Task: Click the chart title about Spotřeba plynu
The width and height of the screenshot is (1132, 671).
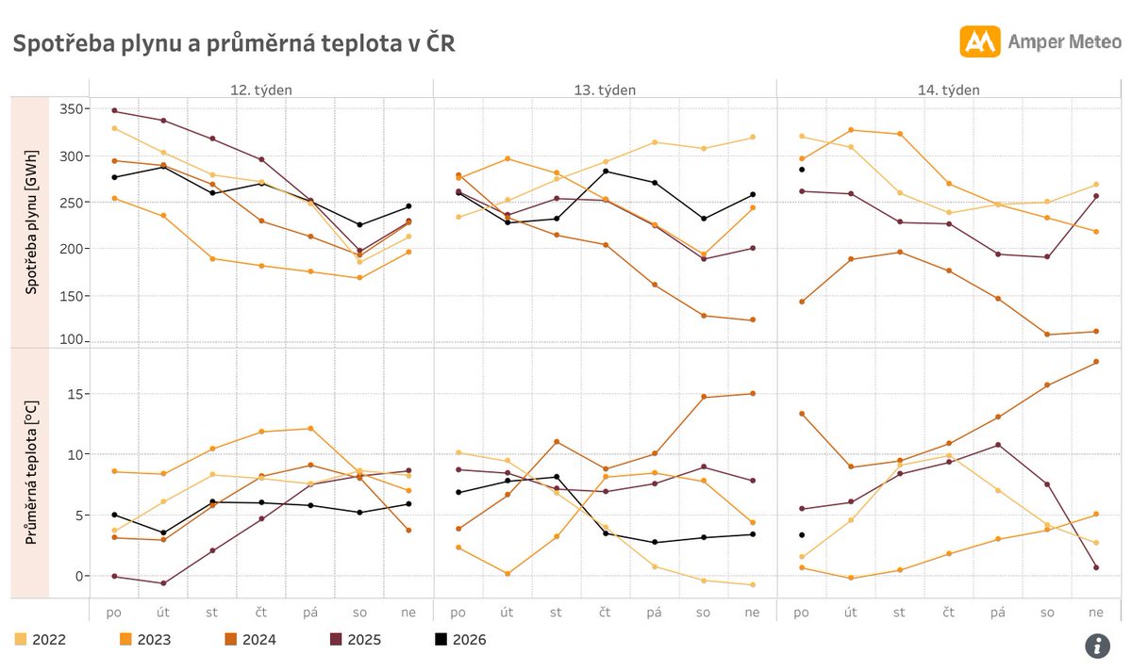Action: (x=233, y=44)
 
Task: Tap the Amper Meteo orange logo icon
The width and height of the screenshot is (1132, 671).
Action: (x=979, y=41)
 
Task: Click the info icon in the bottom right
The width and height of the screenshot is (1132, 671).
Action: (x=1096, y=646)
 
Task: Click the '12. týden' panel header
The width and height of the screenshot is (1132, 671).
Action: (x=261, y=90)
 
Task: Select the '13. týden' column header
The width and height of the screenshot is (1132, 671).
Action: (x=605, y=90)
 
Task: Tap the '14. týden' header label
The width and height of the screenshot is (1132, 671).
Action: (x=948, y=90)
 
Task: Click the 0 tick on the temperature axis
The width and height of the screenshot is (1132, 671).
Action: (x=80, y=576)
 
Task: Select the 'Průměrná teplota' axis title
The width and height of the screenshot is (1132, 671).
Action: (x=31, y=471)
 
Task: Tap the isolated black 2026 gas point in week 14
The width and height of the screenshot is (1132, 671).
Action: (x=802, y=170)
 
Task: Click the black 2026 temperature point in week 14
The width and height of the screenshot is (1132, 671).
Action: (x=802, y=535)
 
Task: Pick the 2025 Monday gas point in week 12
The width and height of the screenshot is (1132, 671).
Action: (x=115, y=111)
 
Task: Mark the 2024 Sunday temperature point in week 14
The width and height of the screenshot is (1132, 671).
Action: (x=1096, y=362)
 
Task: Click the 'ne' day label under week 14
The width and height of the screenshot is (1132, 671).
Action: (x=1096, y=613)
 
